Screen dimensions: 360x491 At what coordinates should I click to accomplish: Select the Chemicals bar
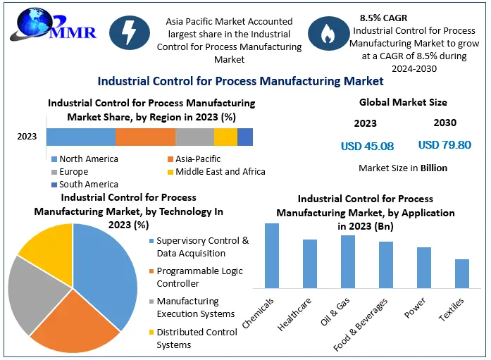(272, 255)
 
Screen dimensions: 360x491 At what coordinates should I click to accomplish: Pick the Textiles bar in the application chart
(461, 273)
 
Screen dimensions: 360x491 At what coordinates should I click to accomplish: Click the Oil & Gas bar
(348, 261)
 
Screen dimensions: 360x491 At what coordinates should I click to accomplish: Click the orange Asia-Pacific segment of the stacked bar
(145, 137)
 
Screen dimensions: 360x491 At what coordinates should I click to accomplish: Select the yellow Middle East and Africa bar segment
(225, 137)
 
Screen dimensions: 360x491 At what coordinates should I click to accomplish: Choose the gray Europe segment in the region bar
(194, 137)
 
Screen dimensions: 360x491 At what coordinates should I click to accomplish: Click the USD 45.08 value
(367, 147)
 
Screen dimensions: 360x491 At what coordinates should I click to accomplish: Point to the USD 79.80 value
(445, 145)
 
